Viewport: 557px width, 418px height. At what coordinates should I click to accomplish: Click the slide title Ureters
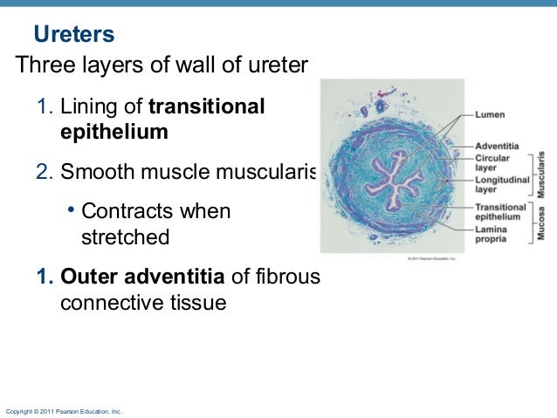coord(74,36)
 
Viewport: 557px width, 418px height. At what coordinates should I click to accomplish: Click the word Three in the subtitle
coord(45,65)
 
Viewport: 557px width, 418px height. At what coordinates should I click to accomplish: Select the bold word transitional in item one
coord(207,107)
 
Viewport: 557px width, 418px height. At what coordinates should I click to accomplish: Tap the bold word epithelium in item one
coord(113,132)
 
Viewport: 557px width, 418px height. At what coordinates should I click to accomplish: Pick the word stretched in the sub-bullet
coord(125,236)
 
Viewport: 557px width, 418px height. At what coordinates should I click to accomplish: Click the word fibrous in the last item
coord(289,278)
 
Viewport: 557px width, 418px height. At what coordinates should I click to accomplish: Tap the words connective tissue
coord(143,303)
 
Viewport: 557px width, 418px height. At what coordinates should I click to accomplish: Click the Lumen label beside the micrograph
coord(489,114)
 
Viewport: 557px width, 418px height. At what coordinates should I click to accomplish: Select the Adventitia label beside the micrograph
coord(497,145)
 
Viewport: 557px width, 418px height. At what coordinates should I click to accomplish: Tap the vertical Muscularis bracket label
coord(541,173)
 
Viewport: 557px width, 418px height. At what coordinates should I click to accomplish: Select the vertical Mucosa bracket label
coord(541,223)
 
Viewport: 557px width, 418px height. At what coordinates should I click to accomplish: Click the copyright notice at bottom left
coord(64,410)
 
